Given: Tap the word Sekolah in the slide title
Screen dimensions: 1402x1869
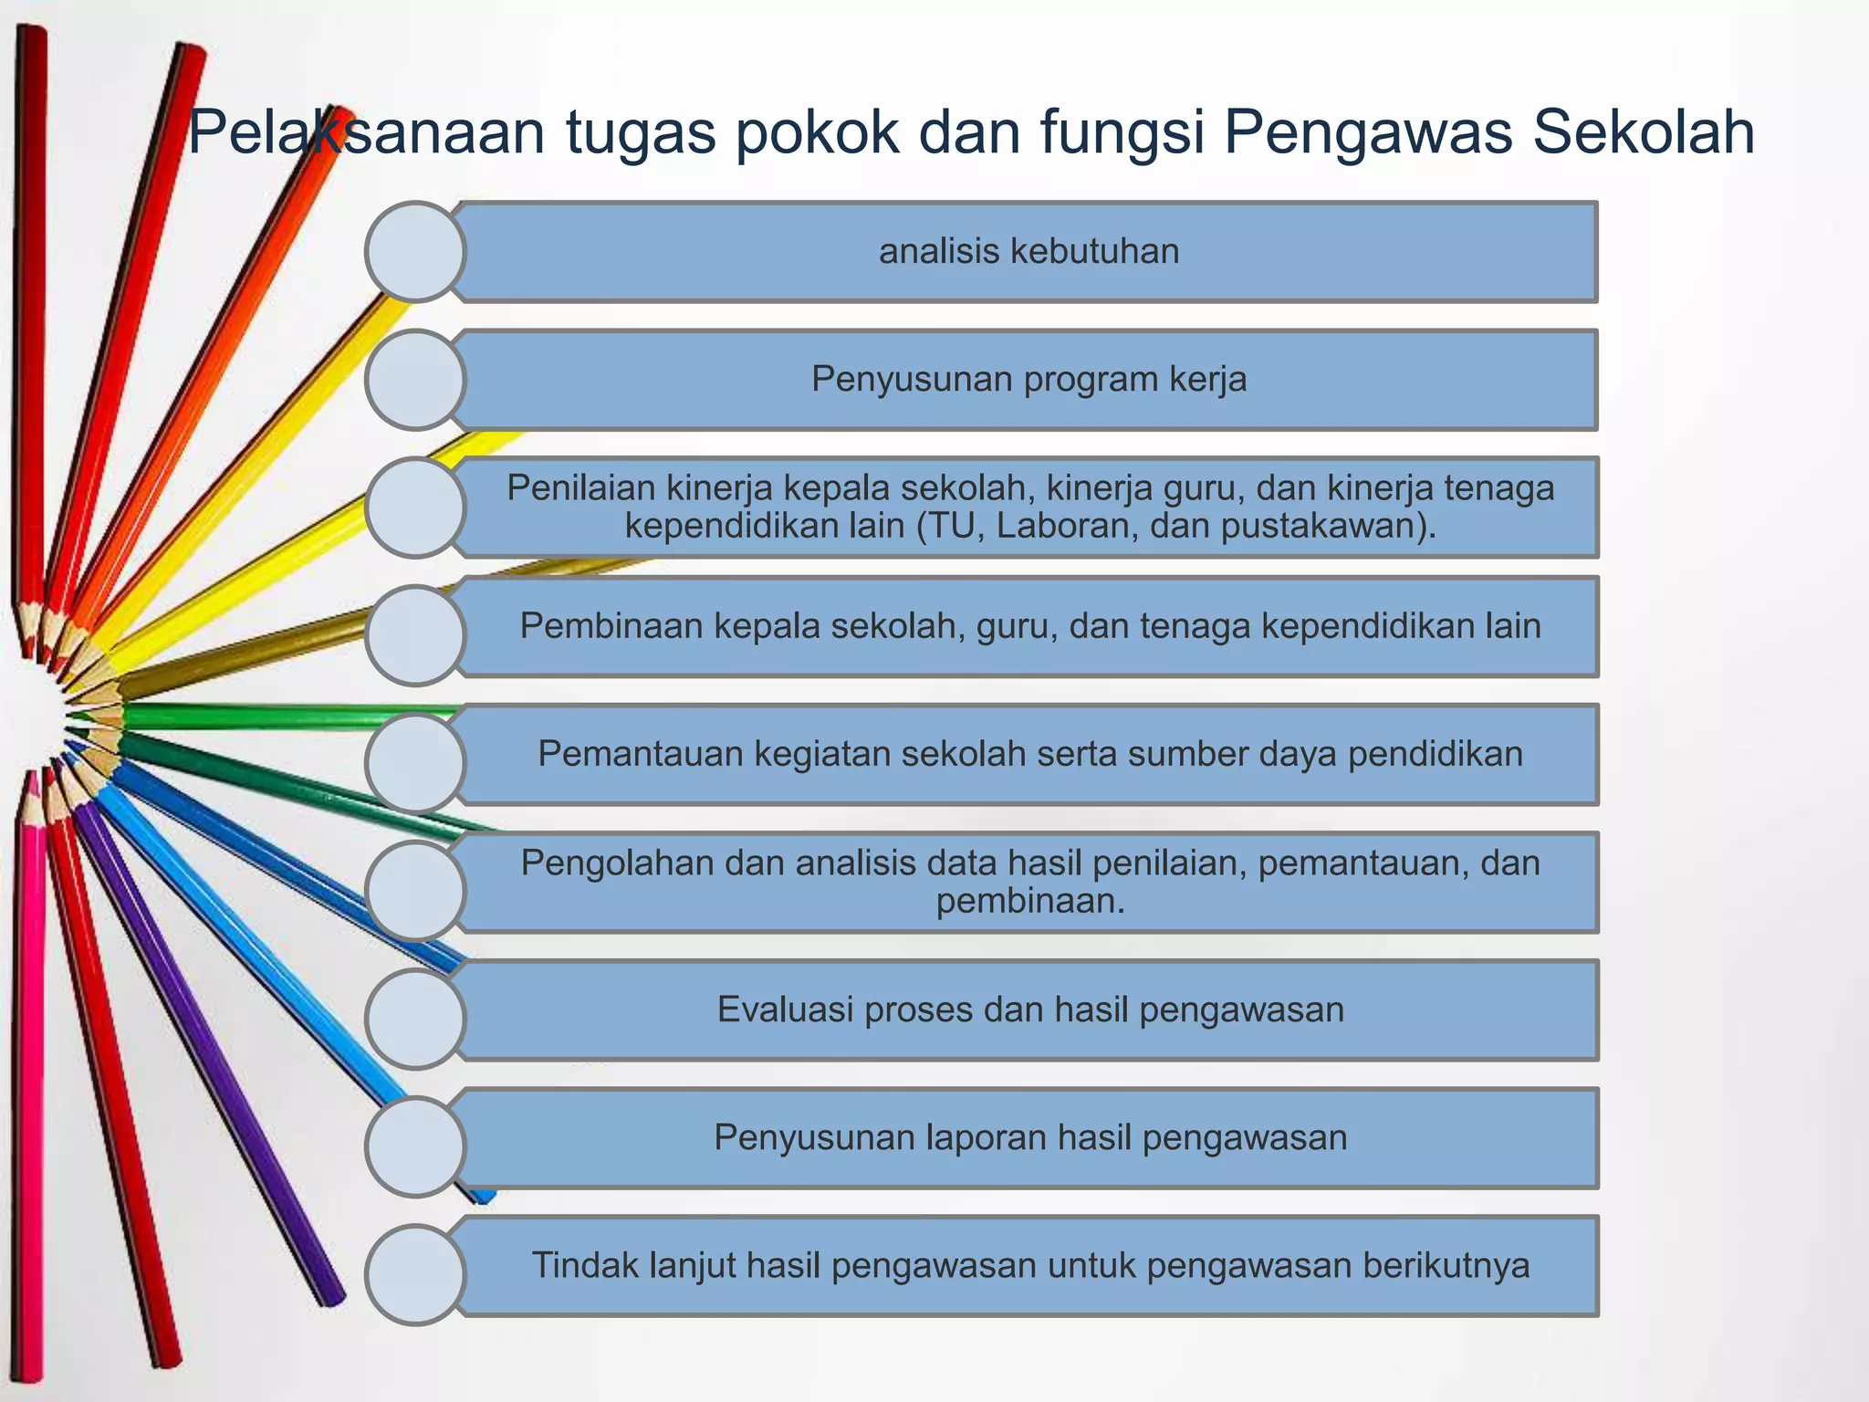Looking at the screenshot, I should coord(1643,132).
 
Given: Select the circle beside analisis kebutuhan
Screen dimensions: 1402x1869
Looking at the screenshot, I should coord(415,252).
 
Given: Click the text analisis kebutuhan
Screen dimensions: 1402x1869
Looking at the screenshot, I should coord(1028,251).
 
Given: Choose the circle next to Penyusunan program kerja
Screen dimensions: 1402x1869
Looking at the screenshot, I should coord(415,380).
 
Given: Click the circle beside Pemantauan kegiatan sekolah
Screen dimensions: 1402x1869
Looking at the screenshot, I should coord(415,763).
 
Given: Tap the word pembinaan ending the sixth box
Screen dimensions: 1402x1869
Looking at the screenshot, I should coord(1030,902).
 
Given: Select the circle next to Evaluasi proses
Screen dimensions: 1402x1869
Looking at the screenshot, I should coord(415,1019).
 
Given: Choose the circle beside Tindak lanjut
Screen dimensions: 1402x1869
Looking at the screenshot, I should coord(415,1274).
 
